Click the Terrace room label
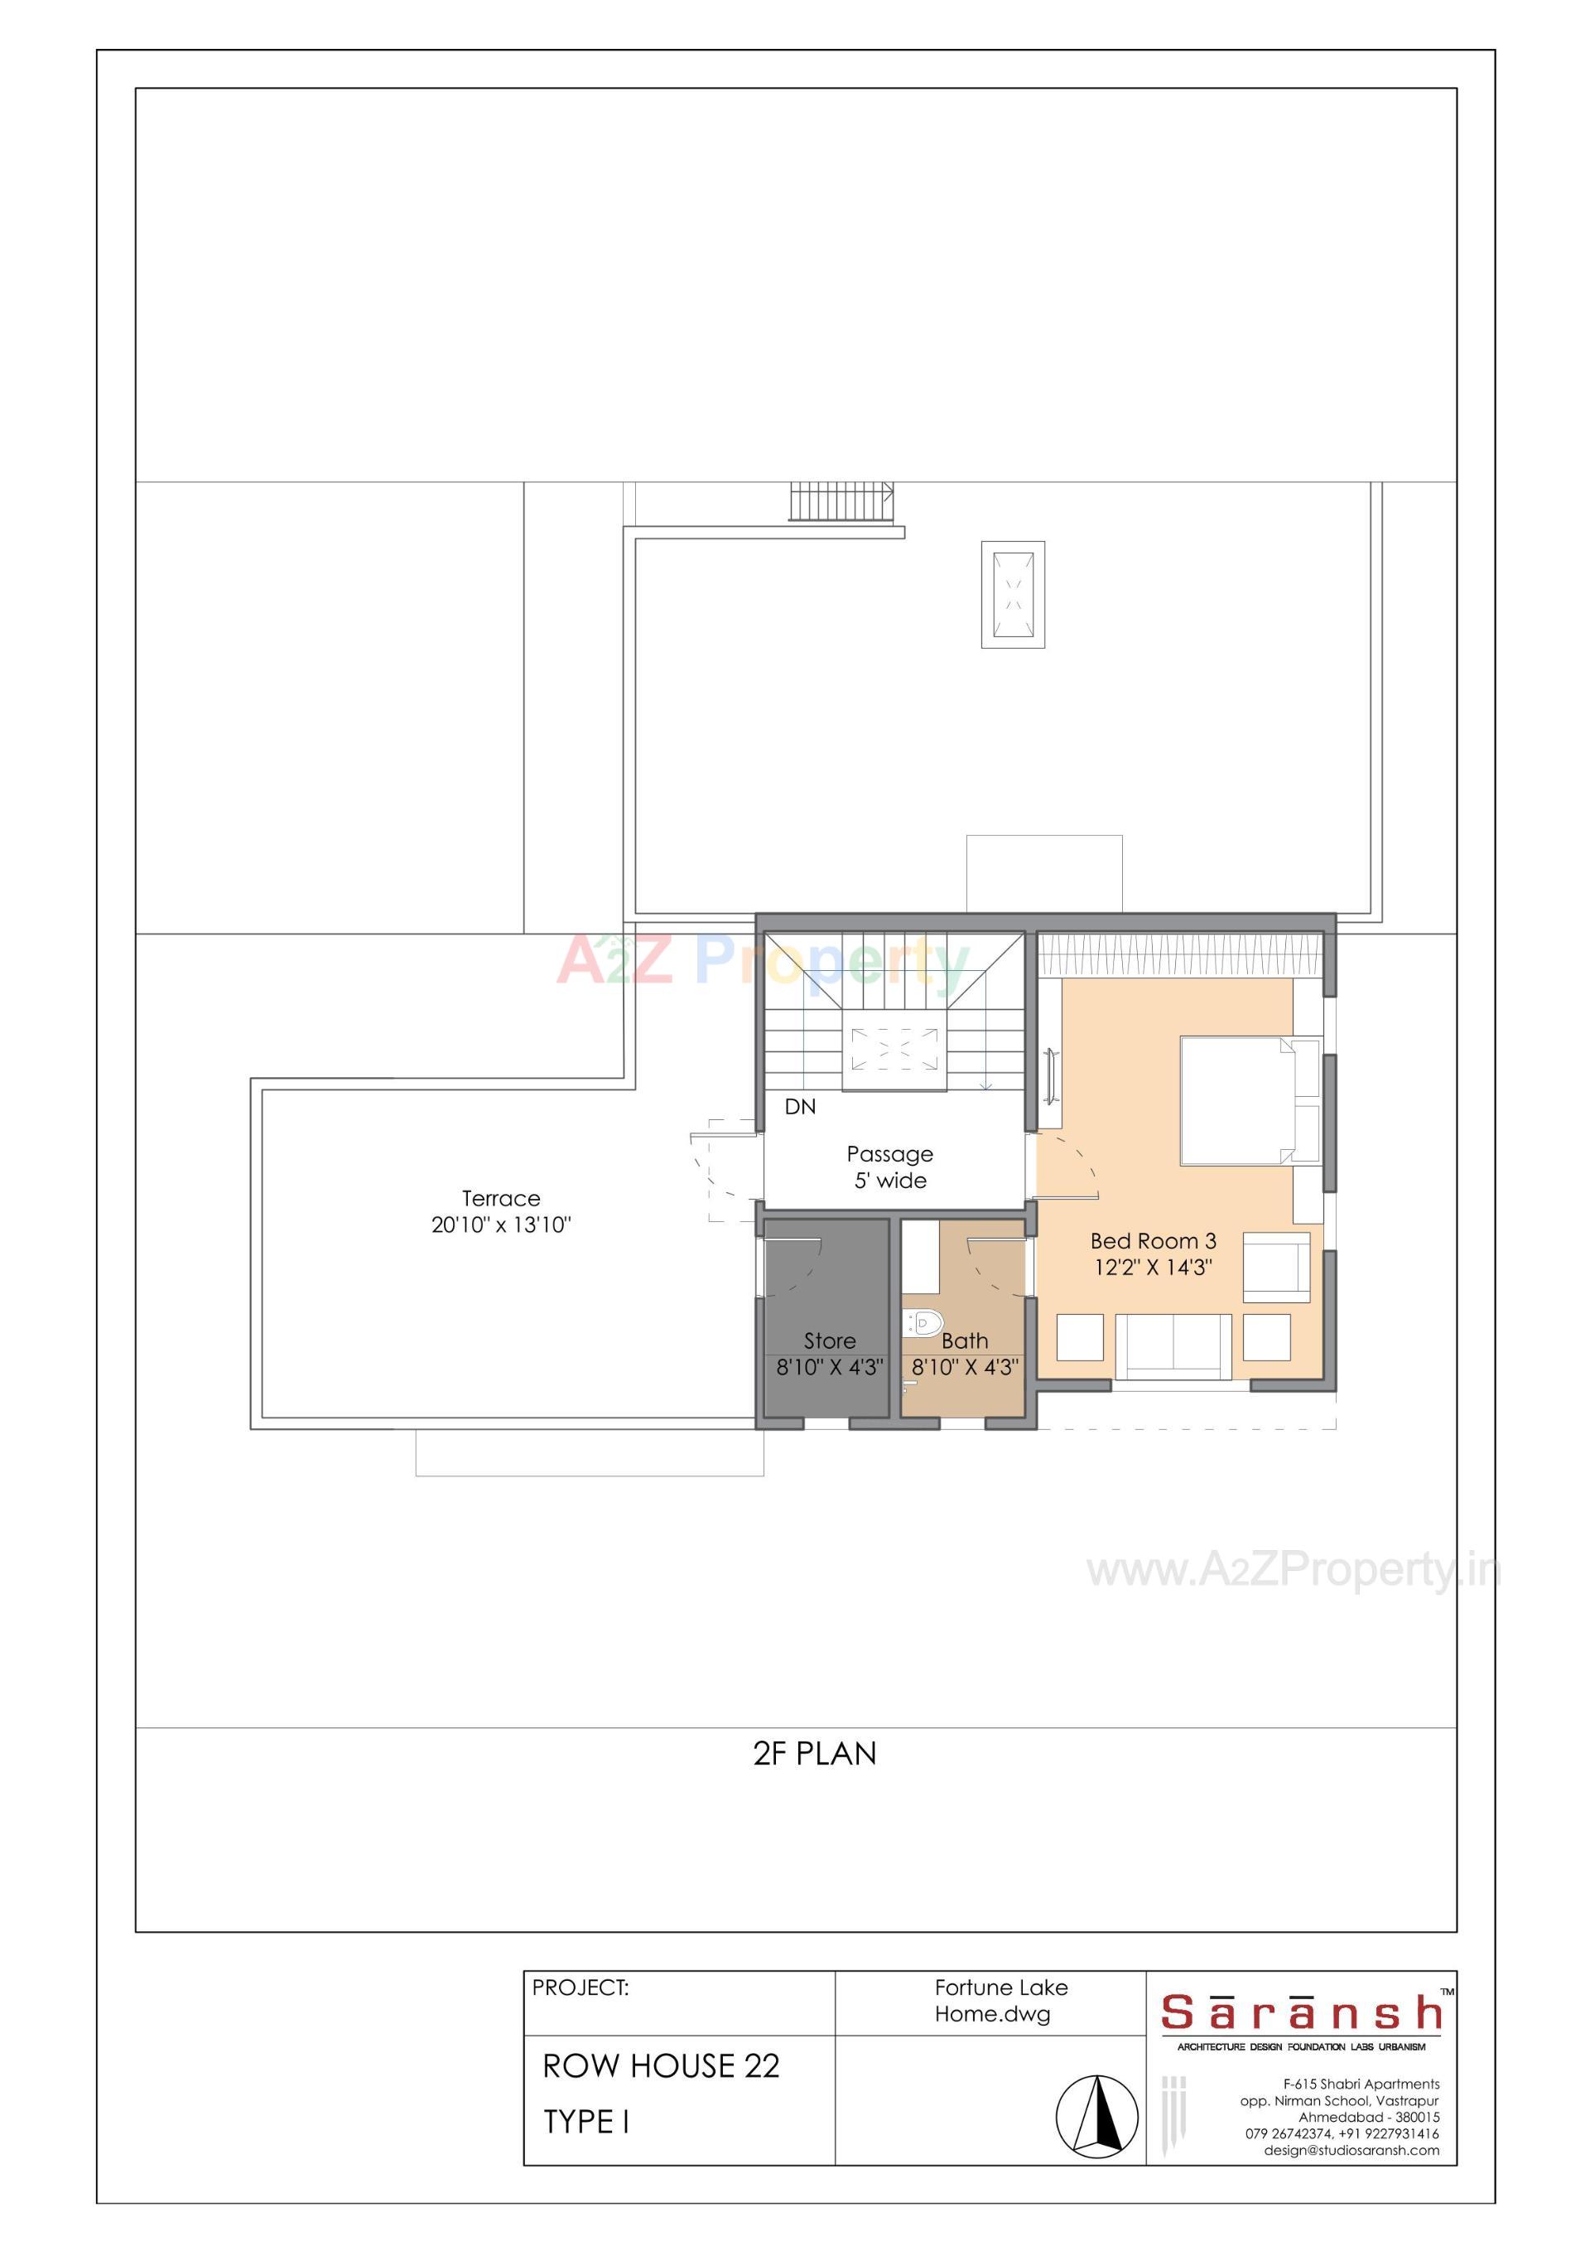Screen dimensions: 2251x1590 point(501,1198)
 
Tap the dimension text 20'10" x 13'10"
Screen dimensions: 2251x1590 point(501,1225)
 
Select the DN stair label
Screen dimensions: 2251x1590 point(800,1107)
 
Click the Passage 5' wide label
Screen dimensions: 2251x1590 point(890,1167)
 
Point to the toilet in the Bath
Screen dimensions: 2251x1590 point(923,1324)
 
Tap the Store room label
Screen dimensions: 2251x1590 point(829,1341)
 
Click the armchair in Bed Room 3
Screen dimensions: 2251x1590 point(1276,1267)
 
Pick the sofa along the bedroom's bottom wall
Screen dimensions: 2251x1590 point(1173,1347)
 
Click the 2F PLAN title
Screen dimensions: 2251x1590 point(815,1753)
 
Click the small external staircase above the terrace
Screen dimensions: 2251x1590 point(842,501)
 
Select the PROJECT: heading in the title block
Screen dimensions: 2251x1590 point(581,1988)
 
